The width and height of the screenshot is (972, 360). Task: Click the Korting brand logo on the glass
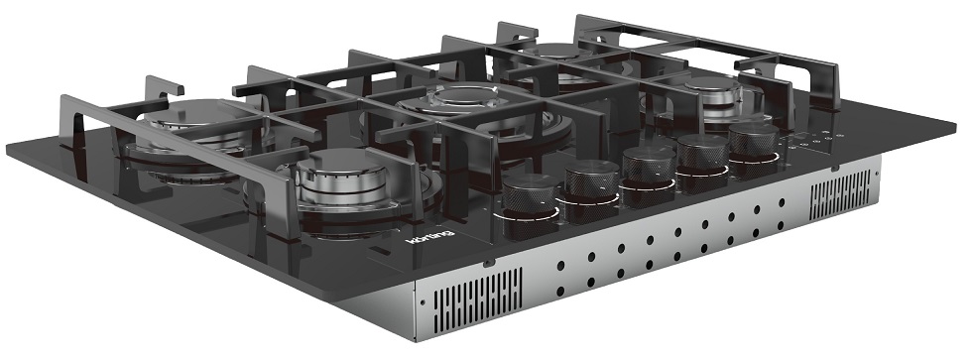[x=429, y=237]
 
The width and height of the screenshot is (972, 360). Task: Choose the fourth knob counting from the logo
[x=702, y=161]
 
